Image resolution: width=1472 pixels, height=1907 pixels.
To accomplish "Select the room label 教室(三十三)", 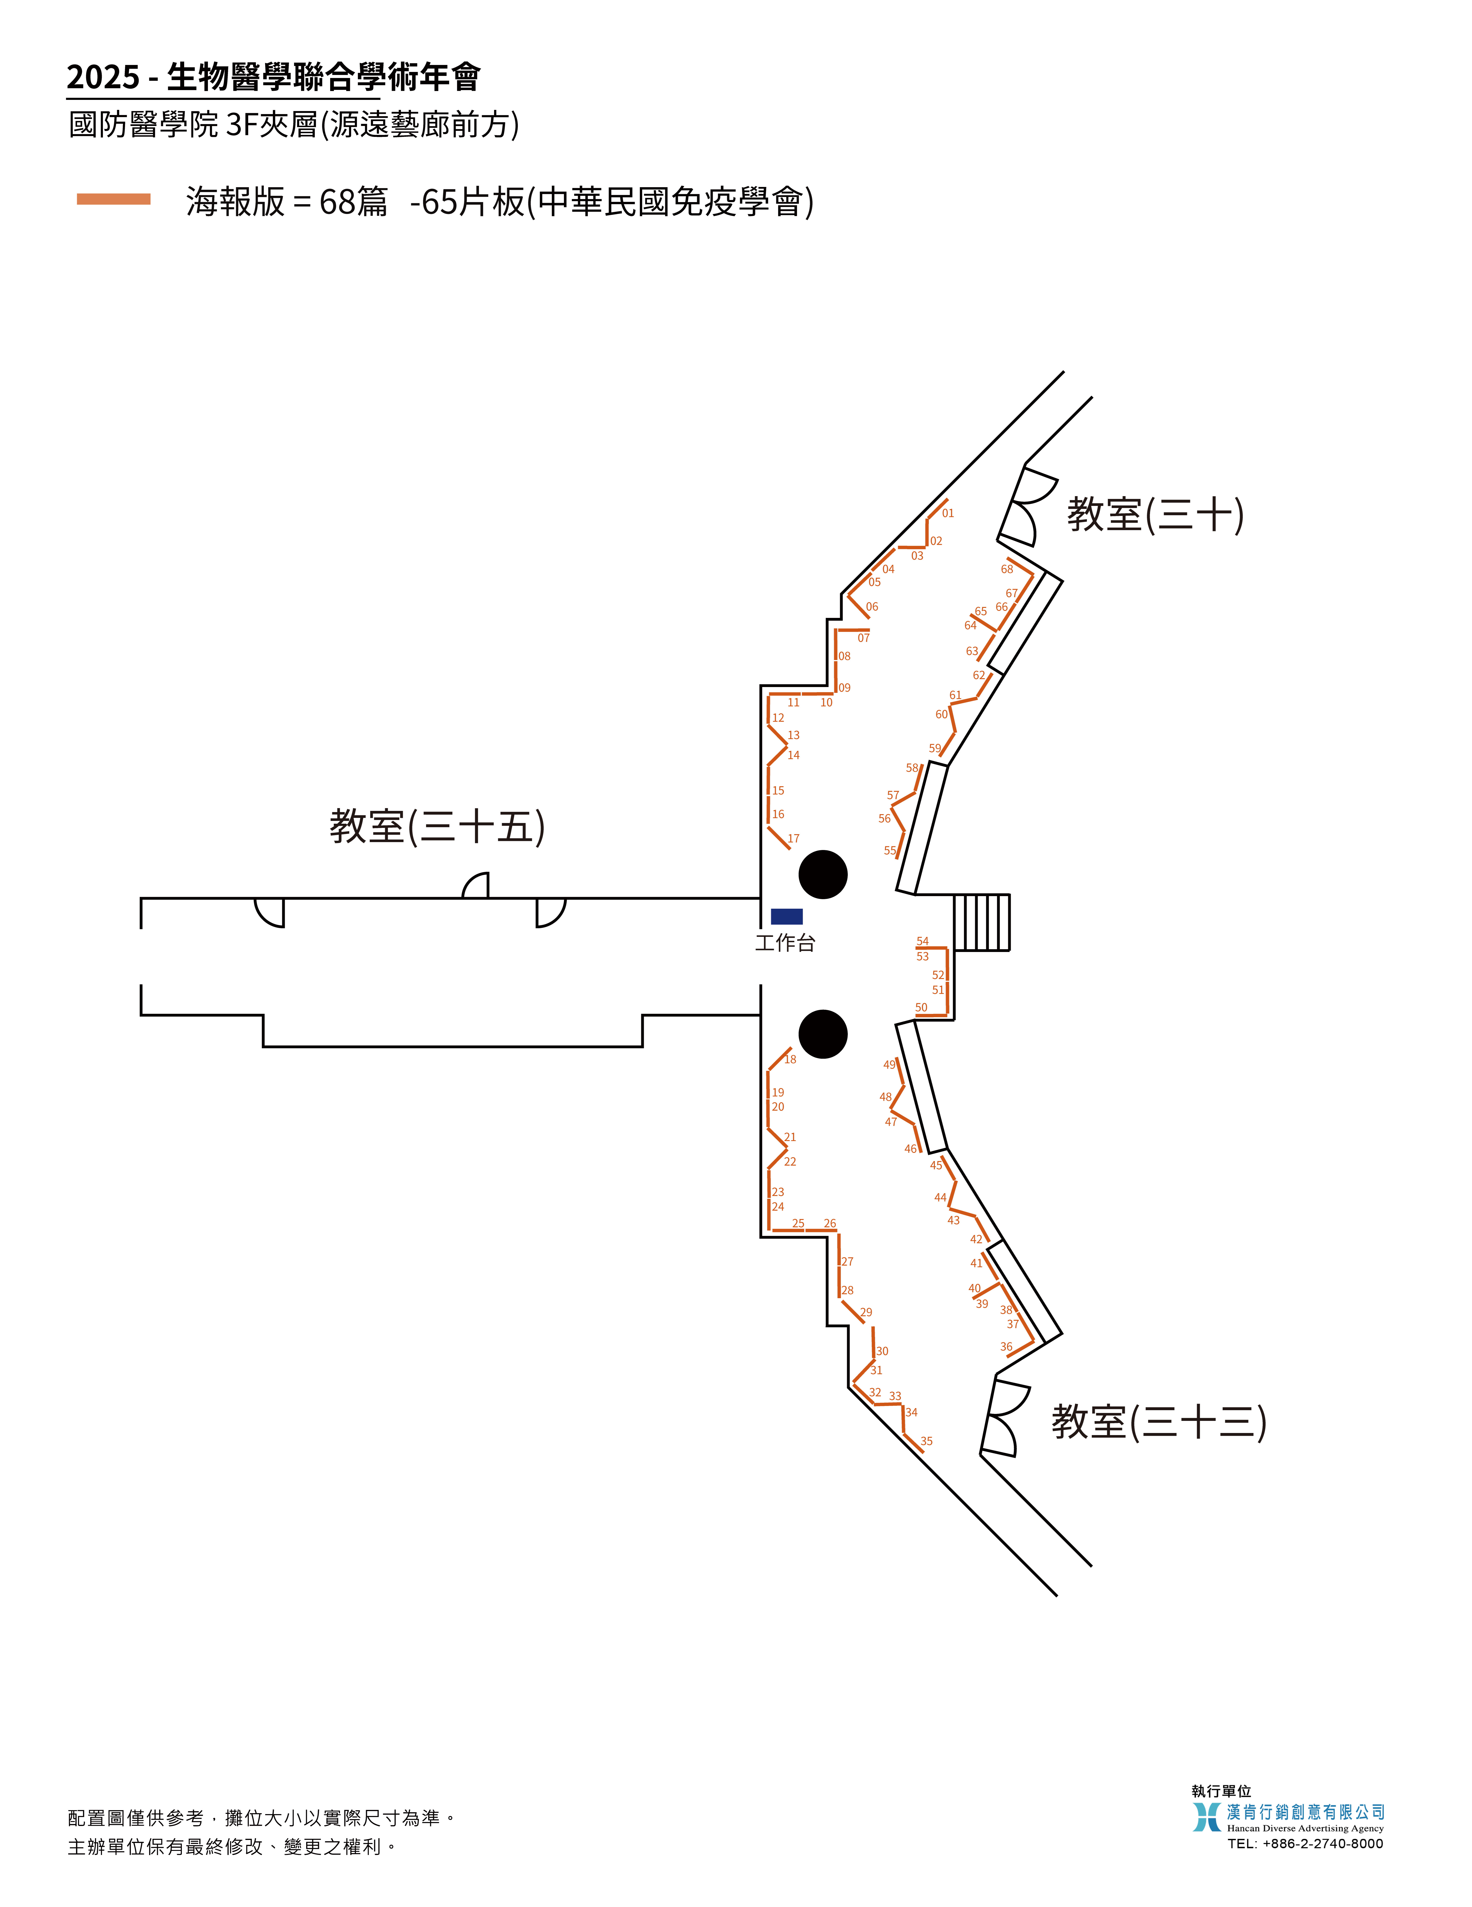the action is [x=1159, y=1422].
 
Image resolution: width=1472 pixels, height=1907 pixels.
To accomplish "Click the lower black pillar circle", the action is [x=822, y=1034].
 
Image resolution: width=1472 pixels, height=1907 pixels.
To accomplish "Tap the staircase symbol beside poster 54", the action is [x=981, y=922].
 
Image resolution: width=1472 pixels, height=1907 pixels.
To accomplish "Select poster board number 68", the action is [x=1007, y=569].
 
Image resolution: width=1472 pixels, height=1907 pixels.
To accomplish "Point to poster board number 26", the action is [x=829, y=1223].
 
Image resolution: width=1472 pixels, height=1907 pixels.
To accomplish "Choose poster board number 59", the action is [x=934, y=748].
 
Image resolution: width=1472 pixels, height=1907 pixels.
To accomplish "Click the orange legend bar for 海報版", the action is [x=114, y=199].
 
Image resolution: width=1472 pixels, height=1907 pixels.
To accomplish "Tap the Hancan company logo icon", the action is [x=1207, y=1817].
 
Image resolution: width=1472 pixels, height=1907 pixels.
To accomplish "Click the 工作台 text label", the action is [x=785, y=943].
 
